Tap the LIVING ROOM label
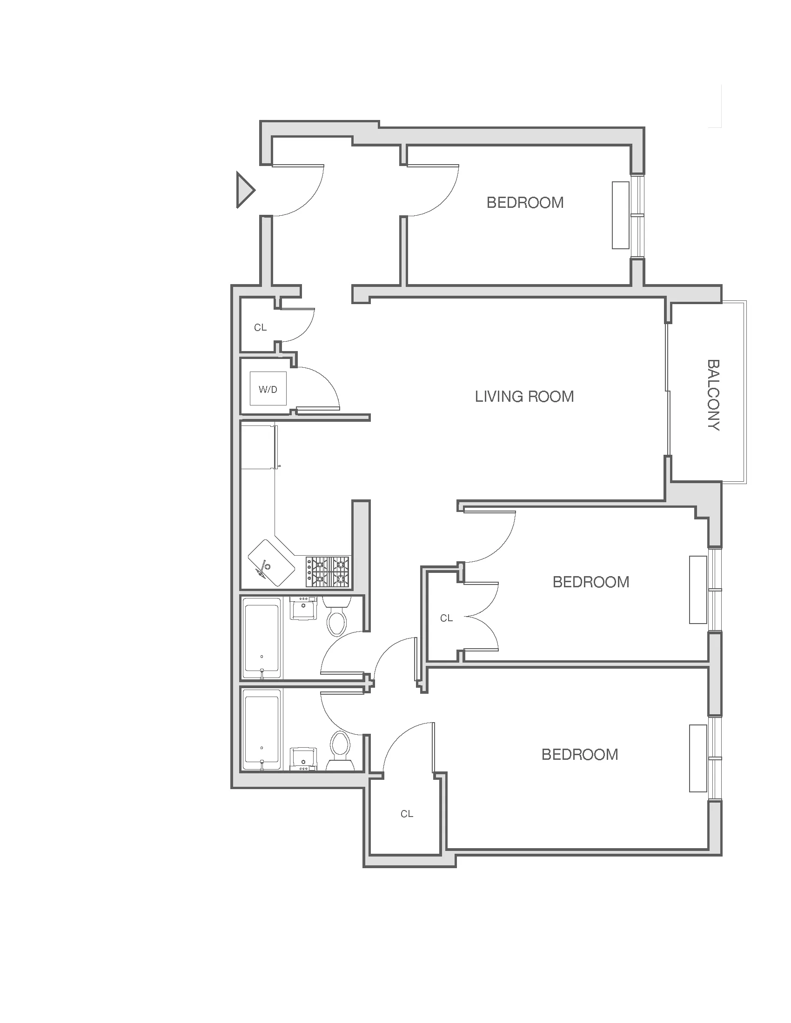pyautogui.click(x=524, y=397)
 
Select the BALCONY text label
pyautogui.click(x=713, y=395)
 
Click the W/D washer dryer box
pyautogui.click(x=268, y=388)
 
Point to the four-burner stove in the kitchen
pyautogui.click(x=328, y=571)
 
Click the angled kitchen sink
pyautogui.click(x=271, y=563)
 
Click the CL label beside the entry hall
pyautogui.click(x=260, y=328)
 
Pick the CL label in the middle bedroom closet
pyautogui.click(x=446, y=618)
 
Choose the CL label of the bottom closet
pyautogui.click(x=407, y=814)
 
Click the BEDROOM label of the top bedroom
pyautogui.click(x=525, y=203)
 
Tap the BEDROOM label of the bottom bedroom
pyautogui.click(x=580, y=755)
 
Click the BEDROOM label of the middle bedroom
pyautogui.click(x=590, y=582)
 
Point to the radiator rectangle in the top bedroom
pyautogui.click(x=620, y=215)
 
